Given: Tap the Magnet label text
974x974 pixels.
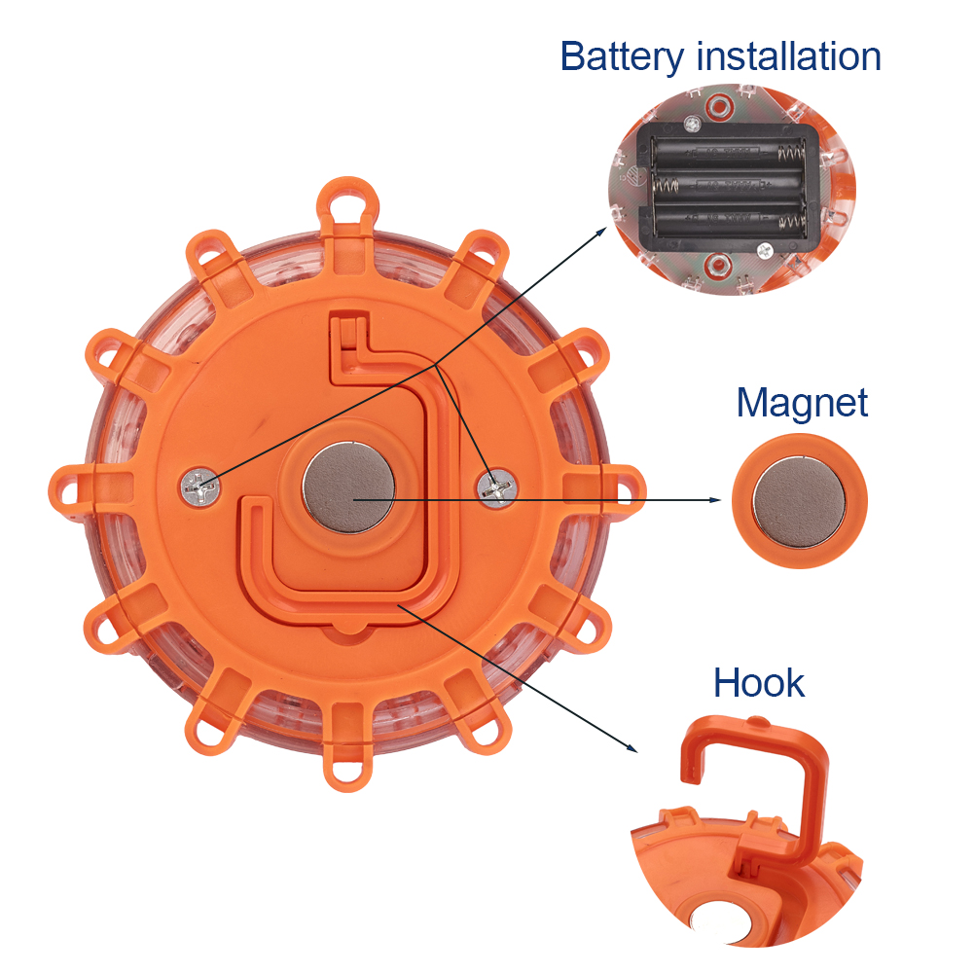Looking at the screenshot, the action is pos(802,403).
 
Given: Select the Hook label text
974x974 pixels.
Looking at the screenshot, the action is pos(758,683).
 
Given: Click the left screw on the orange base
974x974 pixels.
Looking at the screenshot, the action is pos(201,488).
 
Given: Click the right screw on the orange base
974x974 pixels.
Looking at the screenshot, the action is pos(497,487).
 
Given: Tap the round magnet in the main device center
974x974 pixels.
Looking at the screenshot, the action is pos(348,487).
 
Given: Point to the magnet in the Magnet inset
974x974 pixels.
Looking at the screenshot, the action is pos(799,501).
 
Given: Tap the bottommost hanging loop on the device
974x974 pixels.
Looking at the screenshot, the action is pos(347,767).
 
